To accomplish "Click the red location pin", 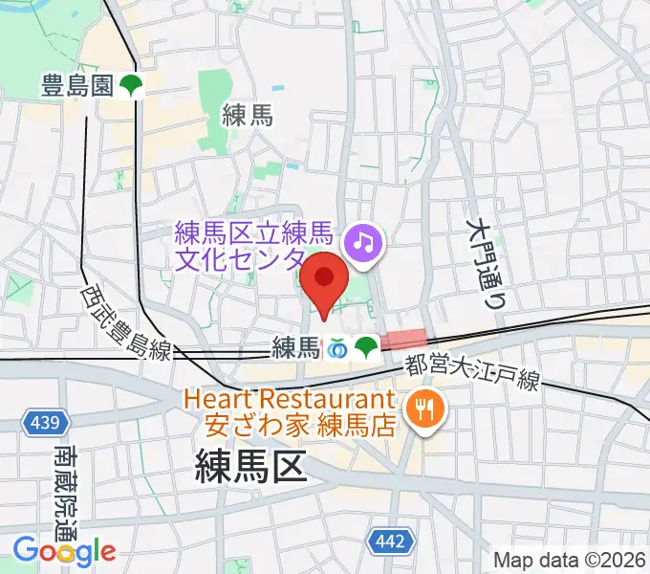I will click(x=324, y=279).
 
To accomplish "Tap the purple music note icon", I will click(x=362, y=240).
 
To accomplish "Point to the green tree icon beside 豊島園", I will click(x=131, y=87).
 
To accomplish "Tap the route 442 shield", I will click(x=390, y=542).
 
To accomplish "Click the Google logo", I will click(x=64, y=551).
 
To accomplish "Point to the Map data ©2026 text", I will click(x=570, y=560).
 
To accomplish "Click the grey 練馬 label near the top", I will click(x=248, y=117).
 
